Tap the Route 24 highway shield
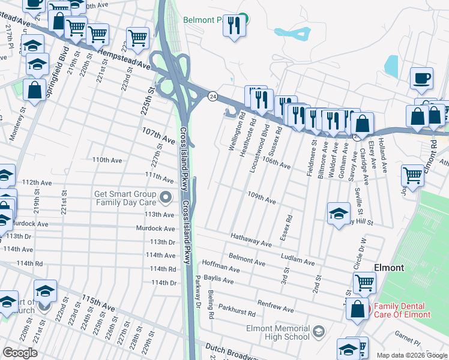[212, 96]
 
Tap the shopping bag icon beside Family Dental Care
[358, 310]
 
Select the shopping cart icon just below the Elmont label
[364, 281]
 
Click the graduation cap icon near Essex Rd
[339, 213]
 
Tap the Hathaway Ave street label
[252, 240]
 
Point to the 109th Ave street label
[262, 198]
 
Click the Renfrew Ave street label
[276, 306]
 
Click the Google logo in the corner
[20, 353]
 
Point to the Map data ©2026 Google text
[411, 355]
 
